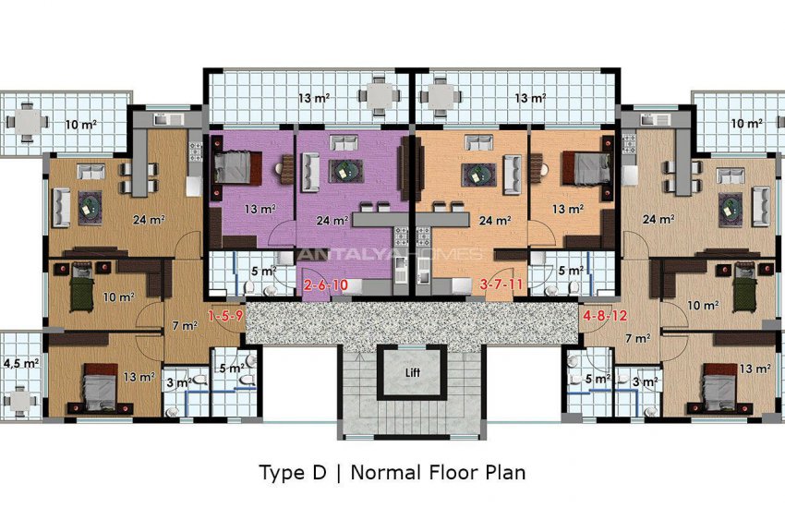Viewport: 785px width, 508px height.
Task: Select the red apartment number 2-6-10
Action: pyautogui.click(x=326, y=285)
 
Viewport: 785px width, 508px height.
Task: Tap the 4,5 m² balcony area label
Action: pyautogui.click(x=21, y=363)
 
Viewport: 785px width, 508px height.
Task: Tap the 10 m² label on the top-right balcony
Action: pyautogui.click(x=746, y=124)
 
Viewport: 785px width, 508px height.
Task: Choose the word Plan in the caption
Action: pyautogui.click(x=506, y=473)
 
